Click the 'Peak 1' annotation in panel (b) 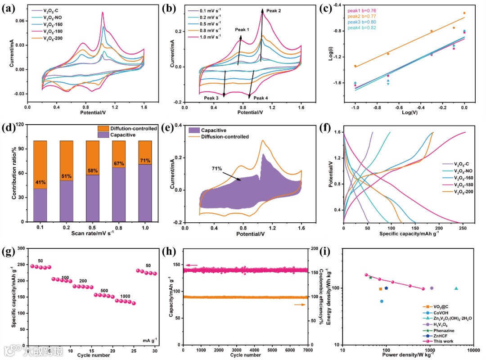coord(242,30)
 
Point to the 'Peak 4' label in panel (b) coord(261,98)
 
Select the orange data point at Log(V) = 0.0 coord(464,13)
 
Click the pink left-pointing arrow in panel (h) coord(192,265)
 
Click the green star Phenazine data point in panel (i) coord(370,278)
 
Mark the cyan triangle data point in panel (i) coord(456,288)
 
